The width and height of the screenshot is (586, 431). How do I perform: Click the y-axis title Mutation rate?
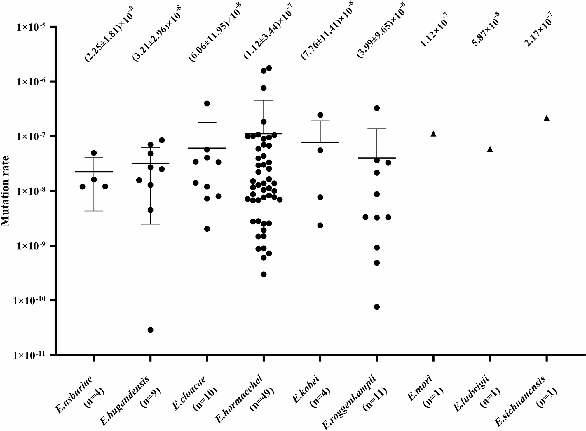click(5, 191)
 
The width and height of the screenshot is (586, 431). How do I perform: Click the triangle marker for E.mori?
click(433, 134)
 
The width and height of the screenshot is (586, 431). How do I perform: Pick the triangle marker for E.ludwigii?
click(490, 149)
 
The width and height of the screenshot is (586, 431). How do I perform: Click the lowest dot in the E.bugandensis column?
click(151, 330)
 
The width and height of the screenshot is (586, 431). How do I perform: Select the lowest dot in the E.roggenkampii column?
click(377, 307)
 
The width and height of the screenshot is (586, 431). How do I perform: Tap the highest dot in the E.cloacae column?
click(207, 103)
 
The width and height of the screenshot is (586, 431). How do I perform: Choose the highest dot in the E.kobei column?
click(320, 115)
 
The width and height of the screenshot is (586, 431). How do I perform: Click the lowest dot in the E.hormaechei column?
click(264, 274)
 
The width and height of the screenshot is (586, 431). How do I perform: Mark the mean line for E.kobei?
click(320, 142)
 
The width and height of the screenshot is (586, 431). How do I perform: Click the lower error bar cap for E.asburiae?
click(94, 211)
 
